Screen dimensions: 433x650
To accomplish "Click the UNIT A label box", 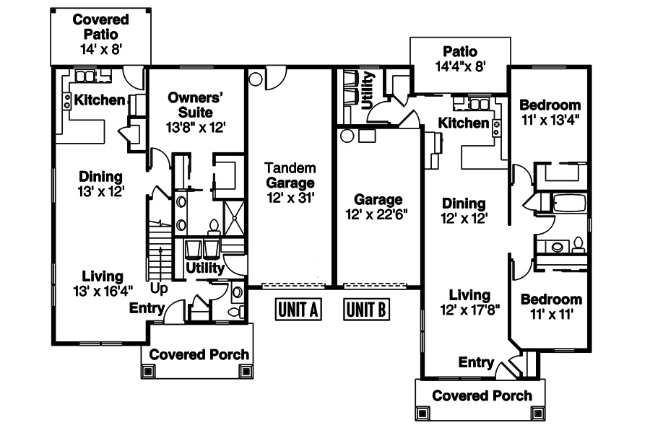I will [x=298, y=310].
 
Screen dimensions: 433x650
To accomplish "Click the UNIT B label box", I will [x=366, y=310].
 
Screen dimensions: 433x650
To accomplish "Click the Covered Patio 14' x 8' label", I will [x=100, y=33].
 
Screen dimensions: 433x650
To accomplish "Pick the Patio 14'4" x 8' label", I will [x=460, y=58].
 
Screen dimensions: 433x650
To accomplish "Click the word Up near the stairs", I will [x=160, y=289].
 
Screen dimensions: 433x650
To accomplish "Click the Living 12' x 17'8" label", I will [x=469, y=302].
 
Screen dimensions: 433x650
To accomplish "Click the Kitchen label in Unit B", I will [x=464, y=123].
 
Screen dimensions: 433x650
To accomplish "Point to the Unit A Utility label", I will [x=205, y=268].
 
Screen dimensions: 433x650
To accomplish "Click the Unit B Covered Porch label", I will [x=482, y=395].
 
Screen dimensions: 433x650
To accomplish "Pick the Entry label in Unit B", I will [x=477, y=362].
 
